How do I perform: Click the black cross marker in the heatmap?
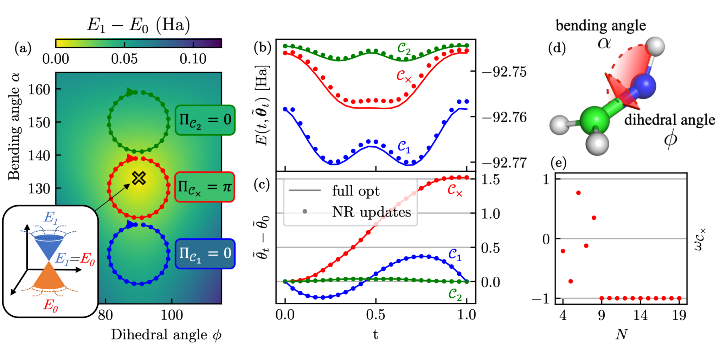tap(139, 178)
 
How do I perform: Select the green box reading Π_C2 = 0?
tap(205, 120)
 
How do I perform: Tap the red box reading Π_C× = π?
tap(205, 187)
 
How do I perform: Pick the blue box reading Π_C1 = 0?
tap(205, 253)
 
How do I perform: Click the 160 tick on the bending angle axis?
tap(39, 90)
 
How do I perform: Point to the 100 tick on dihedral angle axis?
tap(172, 315)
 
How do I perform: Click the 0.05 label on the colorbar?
tap(124, 59)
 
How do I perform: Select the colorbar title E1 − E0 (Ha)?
tap(139, 25)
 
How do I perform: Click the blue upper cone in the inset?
tap(49, 246)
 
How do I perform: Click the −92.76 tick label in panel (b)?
tap(504, 117)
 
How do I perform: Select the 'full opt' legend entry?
tap(355, 191)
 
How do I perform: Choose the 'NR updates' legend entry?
tap(371, 212)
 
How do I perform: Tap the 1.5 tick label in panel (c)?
tap(491, 180)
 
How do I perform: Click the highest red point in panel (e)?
tap(578, 193)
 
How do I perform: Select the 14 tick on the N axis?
tap(640, 315)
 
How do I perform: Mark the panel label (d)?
tap(557, 48)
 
